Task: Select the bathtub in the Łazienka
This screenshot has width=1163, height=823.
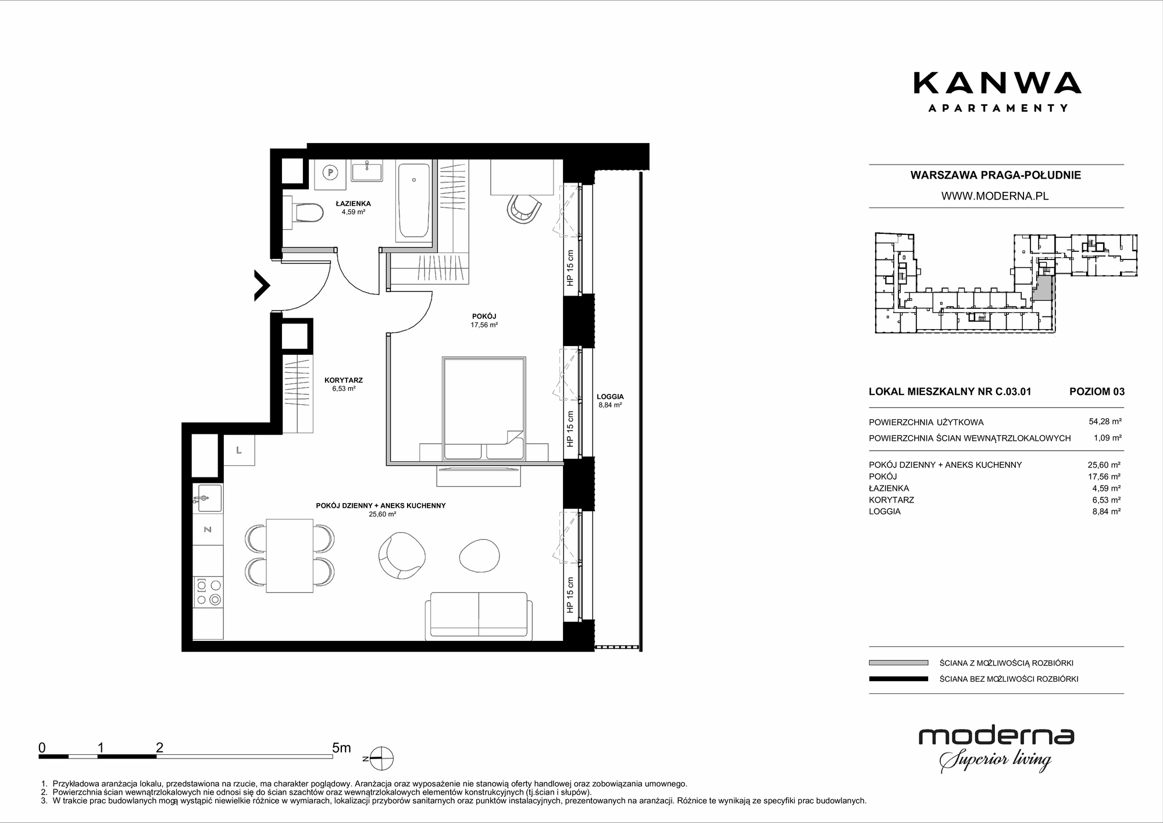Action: point(414,201)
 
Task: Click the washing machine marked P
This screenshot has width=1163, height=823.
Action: point(330,173)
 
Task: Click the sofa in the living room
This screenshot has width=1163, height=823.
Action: point(478,616)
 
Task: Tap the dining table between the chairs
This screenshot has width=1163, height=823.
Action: point(290,555)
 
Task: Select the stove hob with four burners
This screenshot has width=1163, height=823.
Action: point(208,591)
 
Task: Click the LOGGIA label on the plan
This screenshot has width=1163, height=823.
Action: point(610,397)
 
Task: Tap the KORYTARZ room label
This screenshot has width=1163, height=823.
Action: point(344,380)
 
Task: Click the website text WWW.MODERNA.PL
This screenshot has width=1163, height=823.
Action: point(995,196)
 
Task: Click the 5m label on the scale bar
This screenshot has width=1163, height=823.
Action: point(341,747)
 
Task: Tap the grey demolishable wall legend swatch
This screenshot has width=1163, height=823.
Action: point(898,662)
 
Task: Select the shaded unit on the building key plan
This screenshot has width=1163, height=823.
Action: point(1044,288)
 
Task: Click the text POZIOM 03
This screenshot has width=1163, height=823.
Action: point(1097,391)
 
